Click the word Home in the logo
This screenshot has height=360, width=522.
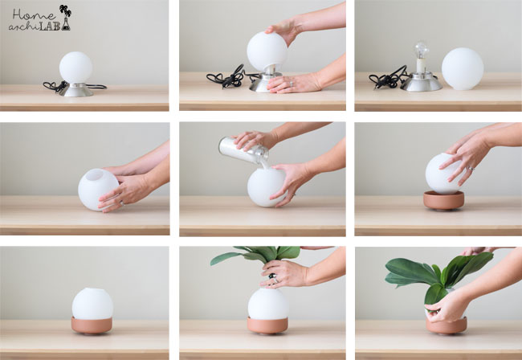(34, 14)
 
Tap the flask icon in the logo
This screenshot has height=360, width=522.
(66, 24)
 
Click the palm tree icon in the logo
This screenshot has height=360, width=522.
(65, 10)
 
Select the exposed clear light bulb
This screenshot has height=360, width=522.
(422, 50)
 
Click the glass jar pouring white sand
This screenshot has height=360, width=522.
(243, 150)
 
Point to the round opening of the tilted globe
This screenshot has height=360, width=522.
(95, 174)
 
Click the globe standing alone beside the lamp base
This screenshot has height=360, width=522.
(463, 69)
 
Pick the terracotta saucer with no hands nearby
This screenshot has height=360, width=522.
(92, 325)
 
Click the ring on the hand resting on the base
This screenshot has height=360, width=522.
(292, 84)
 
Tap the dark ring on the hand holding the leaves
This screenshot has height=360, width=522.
(273, 276)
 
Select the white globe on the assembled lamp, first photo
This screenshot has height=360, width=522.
(76, 67)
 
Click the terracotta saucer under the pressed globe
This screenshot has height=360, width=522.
(444, 200)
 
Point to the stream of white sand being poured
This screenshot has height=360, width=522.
(265, 164)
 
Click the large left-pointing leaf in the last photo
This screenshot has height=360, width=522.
(410, 271)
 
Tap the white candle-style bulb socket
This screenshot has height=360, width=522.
(421, 66)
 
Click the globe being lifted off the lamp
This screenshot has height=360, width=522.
(267, 51)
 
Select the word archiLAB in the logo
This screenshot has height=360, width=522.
(35, 27)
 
